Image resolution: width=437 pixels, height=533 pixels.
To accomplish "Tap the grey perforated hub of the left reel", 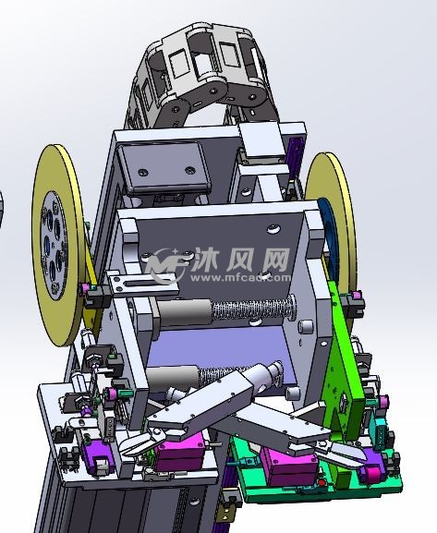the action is [53, 246].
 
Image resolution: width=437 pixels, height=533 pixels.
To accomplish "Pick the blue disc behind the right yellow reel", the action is [329, 231].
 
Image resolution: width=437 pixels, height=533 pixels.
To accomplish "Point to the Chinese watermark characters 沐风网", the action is [240, 260].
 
